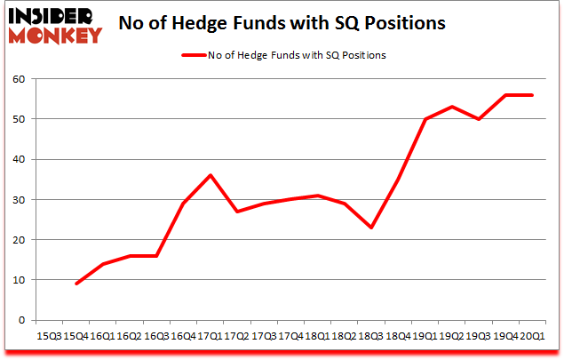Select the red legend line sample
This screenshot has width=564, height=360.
tap(194, 55)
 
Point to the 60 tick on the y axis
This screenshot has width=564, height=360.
tap(20, 79)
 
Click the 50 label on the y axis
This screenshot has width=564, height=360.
tap(20, 119)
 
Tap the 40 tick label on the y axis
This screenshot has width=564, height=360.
tap(20, 159)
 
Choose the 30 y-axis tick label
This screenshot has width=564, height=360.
tap(20, 199)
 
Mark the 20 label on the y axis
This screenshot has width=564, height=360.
tap(20, 239)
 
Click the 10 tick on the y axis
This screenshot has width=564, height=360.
tap(20, 279)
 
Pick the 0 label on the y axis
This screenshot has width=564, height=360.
tap(22, 320)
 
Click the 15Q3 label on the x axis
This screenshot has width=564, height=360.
tap(50, 336)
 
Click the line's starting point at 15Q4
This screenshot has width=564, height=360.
tap(76, 284)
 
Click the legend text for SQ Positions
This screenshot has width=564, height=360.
tap(297, 55)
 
